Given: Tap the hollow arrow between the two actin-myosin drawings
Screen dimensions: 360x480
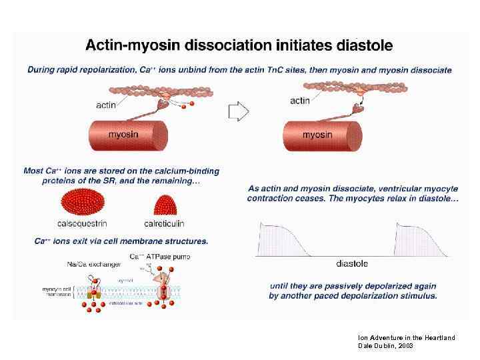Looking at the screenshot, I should coord(238,111).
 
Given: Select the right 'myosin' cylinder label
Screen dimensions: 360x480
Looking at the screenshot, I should coord(317,135).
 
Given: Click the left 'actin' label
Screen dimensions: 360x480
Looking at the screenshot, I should coord(107,105).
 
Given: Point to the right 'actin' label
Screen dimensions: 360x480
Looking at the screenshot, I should coord(300,101).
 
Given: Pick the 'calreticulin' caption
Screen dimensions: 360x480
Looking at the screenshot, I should coord(164,223).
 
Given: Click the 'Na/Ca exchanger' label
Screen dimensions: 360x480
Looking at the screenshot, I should coord(92,265).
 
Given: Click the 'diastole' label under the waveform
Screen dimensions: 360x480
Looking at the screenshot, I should coord(352,264).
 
